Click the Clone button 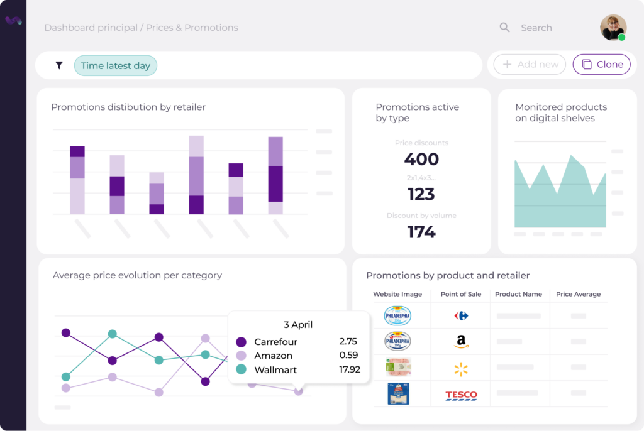tap(601, 65)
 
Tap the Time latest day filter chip tap(115, 66)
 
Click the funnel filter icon tap(59, 65)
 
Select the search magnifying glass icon tap(504, 28)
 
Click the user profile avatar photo tap(613, 28)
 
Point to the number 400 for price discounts tap(421, 159)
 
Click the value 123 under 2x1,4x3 tap(421, 194)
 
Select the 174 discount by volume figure tap(421, 232)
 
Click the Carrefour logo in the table tap(461, 315)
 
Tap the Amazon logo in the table tap(461, 342)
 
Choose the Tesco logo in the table tap(461, 395)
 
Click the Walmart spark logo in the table tap(461, 369)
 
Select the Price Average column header tap(578, 294)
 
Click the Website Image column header tap(397, 294)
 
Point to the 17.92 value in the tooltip tap(349, 369)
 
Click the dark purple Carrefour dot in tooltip tap(241, 342)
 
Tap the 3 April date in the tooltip tap(297, 325)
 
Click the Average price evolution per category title tap(137, 275)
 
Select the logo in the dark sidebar tap(13, 21)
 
